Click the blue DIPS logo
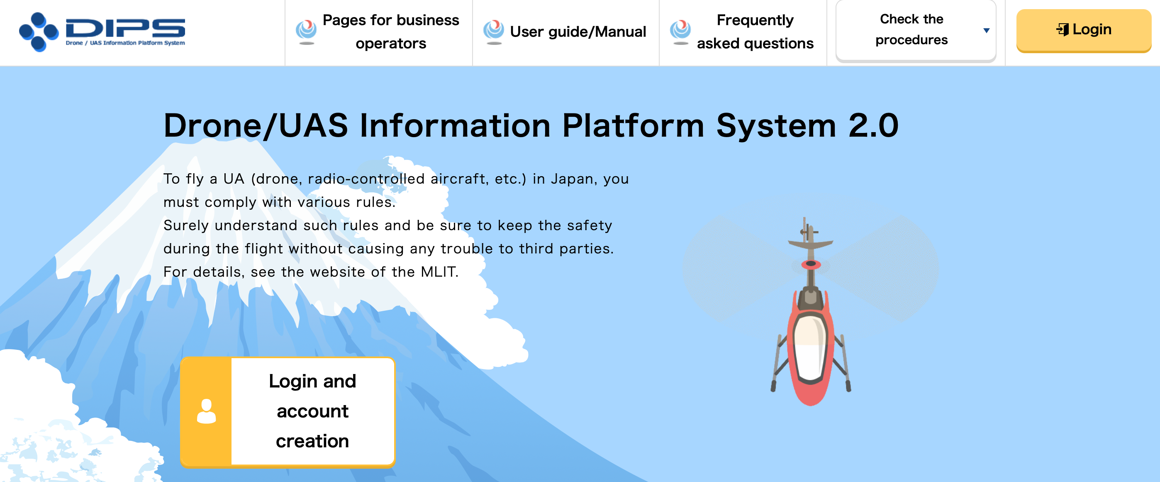tap(102, 32)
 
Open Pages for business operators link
tap(390, 32)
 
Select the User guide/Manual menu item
tap(578, 32)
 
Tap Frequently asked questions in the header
tap(755, 32)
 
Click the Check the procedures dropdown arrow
tap(986, 31)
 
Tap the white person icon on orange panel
tap(206, 411)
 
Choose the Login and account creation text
tap(312, 411)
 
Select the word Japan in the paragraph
tap(574, 180)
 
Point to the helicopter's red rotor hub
tap(811, 264)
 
